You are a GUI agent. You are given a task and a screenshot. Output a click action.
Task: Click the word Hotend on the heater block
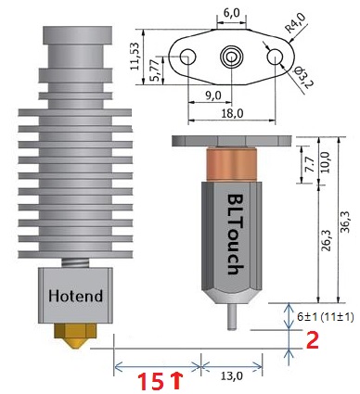75,296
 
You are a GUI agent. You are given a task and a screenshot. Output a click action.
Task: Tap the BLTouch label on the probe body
238,235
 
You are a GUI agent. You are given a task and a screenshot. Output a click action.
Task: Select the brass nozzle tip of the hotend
75,336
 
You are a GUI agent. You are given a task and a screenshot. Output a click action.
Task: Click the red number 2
312,340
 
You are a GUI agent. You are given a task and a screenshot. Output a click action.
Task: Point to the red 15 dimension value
150,381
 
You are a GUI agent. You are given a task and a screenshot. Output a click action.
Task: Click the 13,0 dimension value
232,376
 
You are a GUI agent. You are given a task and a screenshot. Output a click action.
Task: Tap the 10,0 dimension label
327,162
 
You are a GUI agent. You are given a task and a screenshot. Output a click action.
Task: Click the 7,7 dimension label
310,164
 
